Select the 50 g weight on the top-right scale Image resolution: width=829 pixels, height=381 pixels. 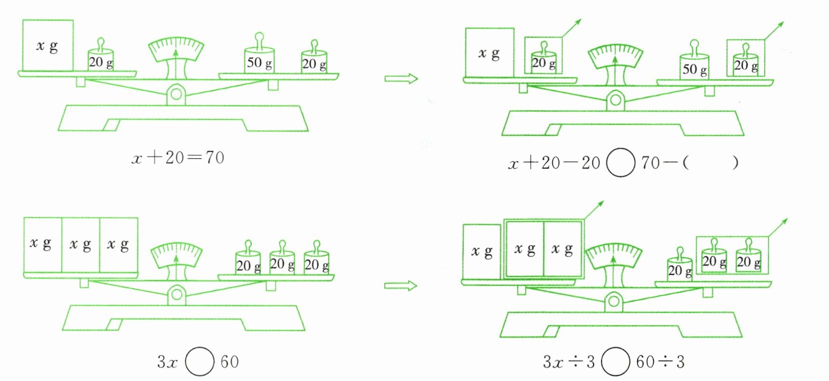694,66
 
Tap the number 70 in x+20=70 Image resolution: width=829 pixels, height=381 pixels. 214,158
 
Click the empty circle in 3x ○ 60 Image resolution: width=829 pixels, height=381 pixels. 199,361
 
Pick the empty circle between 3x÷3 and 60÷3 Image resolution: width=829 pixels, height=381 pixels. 615,361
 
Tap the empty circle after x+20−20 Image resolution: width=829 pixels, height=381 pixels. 620,163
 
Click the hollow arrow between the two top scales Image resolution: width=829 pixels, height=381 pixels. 400,79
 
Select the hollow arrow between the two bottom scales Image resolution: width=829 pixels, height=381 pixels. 400,286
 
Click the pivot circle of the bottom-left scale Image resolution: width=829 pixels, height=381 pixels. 176,295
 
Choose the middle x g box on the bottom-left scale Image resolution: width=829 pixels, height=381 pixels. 80,245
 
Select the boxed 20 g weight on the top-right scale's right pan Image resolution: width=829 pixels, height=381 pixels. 745,63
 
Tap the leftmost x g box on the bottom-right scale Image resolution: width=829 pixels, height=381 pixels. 482,251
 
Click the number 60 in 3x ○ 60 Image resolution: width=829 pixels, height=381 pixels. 229,361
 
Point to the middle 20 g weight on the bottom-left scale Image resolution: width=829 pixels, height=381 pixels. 281,261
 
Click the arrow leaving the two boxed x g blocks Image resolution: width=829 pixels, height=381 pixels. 594,210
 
